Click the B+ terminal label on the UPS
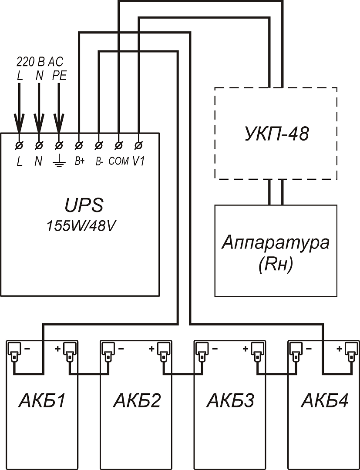(x=79, y=161)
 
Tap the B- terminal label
(x=99, y=161)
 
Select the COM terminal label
(x=118, y=161)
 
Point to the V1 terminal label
(x=138, y=161)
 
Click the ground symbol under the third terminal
(x=59, y=163)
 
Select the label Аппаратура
(x=276, y=243)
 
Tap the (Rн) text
(x=276, y=264)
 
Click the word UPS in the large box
(x=80, y=205)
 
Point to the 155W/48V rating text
(x=80, y=226)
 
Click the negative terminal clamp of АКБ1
(x=14, y=350)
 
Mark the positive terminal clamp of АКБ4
(x=350, y=350)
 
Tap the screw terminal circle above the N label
(x=39, y=144)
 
